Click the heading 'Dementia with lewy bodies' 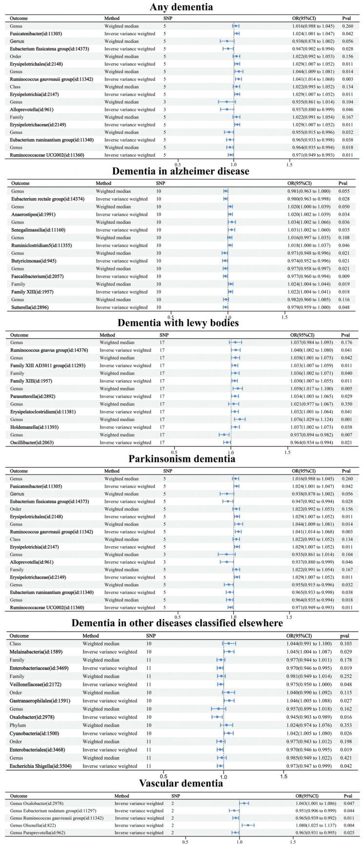point(182,323)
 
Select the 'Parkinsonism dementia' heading point(182,458)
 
